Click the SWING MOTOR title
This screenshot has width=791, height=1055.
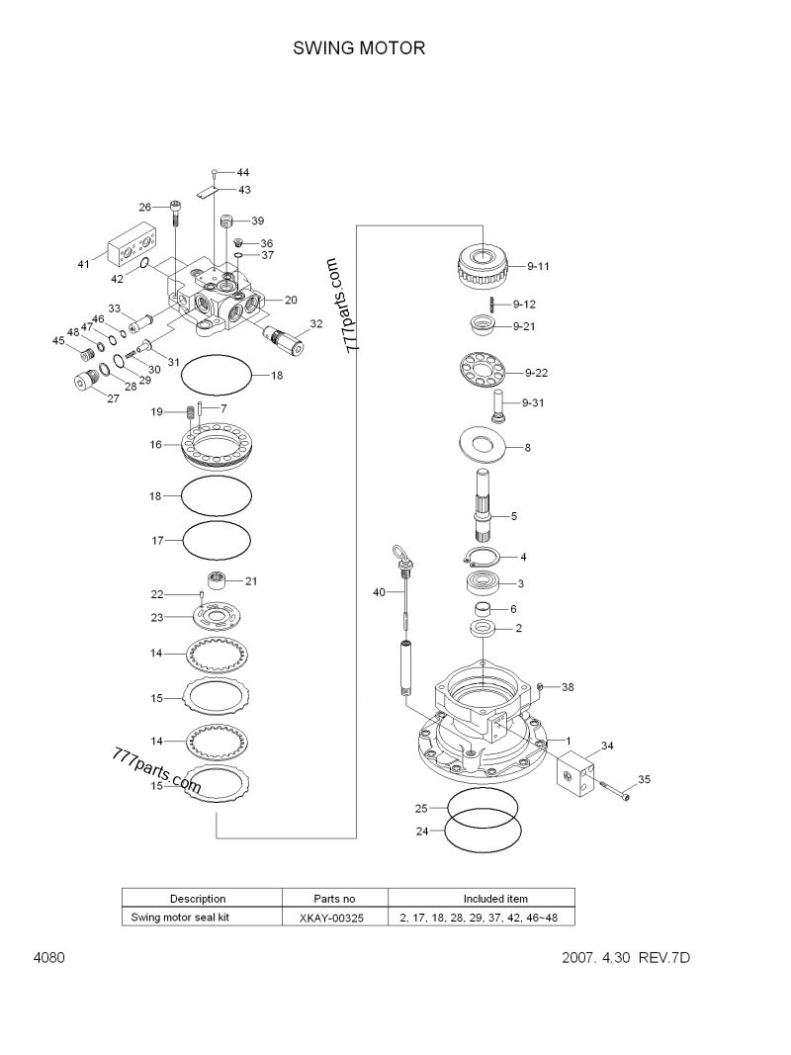pos(359,48)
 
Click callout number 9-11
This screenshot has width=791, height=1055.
pos(538,266)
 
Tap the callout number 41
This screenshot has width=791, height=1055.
pos(84,264)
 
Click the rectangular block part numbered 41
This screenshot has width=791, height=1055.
pos(132,245)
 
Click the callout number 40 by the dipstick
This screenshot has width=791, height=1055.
pos(379,592)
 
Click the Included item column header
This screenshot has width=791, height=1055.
pos(495,899)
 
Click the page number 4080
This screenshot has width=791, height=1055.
pos(48,958)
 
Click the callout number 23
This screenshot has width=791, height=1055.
pos(156,617)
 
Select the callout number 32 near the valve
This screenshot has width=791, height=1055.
pos(316,323)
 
